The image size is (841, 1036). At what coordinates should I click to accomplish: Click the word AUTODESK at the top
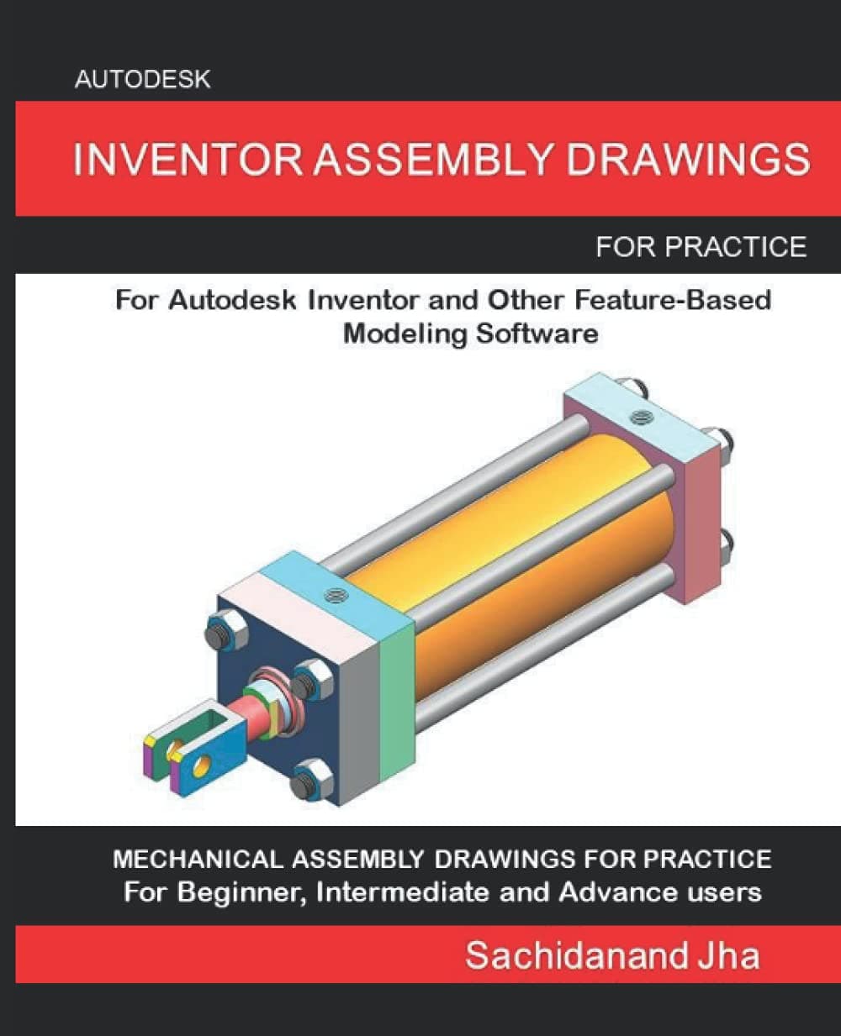click(x=142, y=80)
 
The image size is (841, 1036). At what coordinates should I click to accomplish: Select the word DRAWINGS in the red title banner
click(x=688, y=160)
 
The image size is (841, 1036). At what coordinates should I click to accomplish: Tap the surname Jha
click(x=729, y=956)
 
